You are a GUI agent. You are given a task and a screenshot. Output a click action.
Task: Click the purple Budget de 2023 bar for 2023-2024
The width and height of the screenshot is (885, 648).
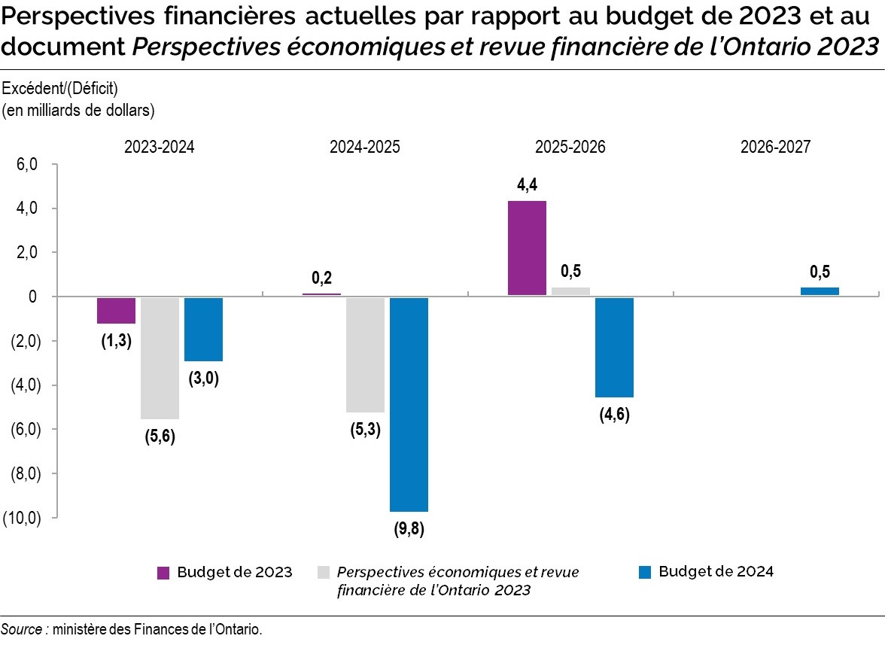pyautogui.click(x=116, y=310)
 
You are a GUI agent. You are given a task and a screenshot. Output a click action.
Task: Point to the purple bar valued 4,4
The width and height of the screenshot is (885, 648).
pyautogui.click(x=527, y=248)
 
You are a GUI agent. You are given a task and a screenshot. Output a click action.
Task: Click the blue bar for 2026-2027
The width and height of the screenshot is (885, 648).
pyautogui.click(x=820, y=291)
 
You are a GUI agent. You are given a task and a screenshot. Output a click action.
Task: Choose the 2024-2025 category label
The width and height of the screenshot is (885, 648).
pyautogui.click(x=364, y=148)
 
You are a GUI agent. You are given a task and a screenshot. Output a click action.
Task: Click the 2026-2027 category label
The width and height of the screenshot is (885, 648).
pyautogui.click(x=775, y=148)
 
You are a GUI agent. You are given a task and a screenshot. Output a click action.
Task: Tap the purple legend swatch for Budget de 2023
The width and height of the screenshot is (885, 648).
pyautogui.click(x=163, y=573)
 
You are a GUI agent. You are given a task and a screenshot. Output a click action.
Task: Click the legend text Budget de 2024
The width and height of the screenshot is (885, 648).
pyautogui.click(x=716, y=571)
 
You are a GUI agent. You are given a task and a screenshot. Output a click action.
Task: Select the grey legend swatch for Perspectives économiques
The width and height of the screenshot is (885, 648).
pyautogui.click(x=324, y=573)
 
